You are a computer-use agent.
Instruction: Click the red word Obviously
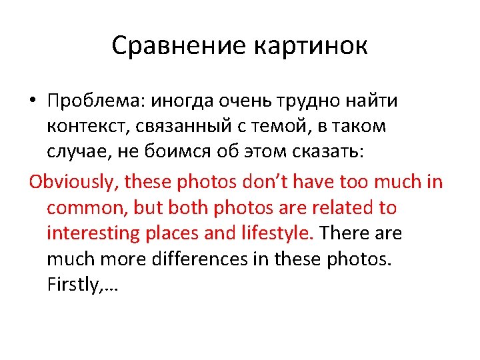(72, 182)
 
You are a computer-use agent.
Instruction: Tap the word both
(189, 207)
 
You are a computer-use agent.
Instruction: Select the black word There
(345, 234)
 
